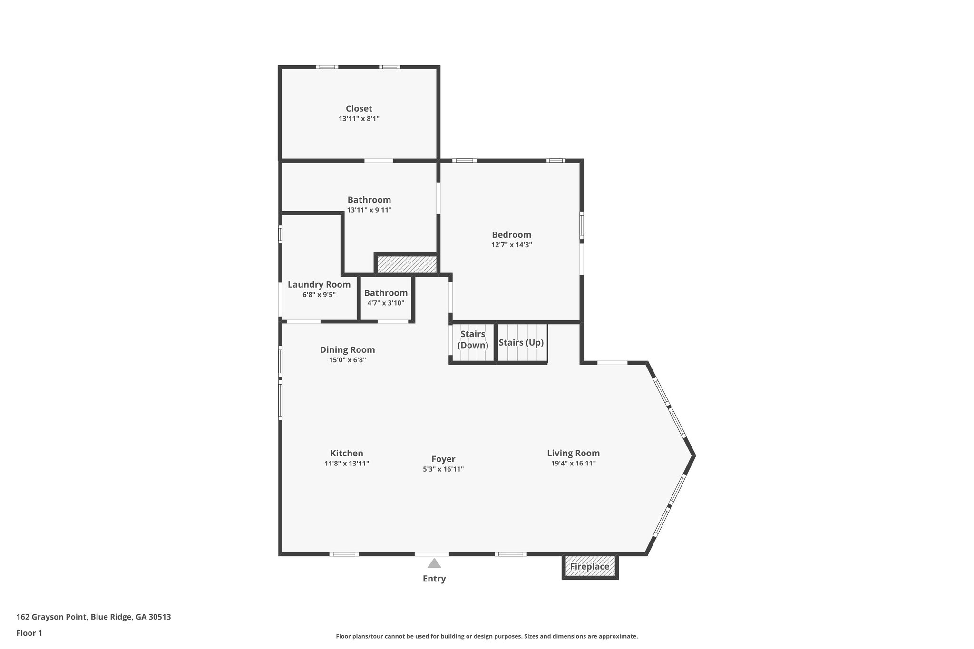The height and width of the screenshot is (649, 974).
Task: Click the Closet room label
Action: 359,108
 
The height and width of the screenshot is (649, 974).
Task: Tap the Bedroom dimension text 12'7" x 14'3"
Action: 511,245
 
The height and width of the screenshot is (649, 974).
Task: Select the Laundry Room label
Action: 319,284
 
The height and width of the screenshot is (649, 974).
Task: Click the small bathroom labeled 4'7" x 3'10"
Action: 386,298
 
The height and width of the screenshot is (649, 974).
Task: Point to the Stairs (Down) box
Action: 473,339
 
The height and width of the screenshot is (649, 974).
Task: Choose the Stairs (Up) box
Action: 521,342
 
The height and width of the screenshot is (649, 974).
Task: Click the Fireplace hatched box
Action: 590,566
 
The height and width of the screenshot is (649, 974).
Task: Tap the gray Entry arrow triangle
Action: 434,563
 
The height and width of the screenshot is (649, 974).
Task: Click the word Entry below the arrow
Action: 434,579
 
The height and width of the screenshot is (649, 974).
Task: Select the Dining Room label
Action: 347,349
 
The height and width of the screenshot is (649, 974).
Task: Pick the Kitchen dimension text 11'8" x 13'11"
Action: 347,464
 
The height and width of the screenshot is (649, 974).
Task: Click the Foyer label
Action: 443,459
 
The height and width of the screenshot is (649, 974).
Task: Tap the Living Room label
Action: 573,453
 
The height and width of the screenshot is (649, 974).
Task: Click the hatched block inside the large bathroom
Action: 407,264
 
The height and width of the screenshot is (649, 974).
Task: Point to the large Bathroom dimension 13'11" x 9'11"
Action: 369,210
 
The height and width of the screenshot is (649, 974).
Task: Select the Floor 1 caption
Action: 29,633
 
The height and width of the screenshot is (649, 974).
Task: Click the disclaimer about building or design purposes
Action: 487,636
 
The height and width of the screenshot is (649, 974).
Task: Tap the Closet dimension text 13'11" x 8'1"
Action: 359,119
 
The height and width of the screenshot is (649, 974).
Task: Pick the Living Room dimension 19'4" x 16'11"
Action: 573,464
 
